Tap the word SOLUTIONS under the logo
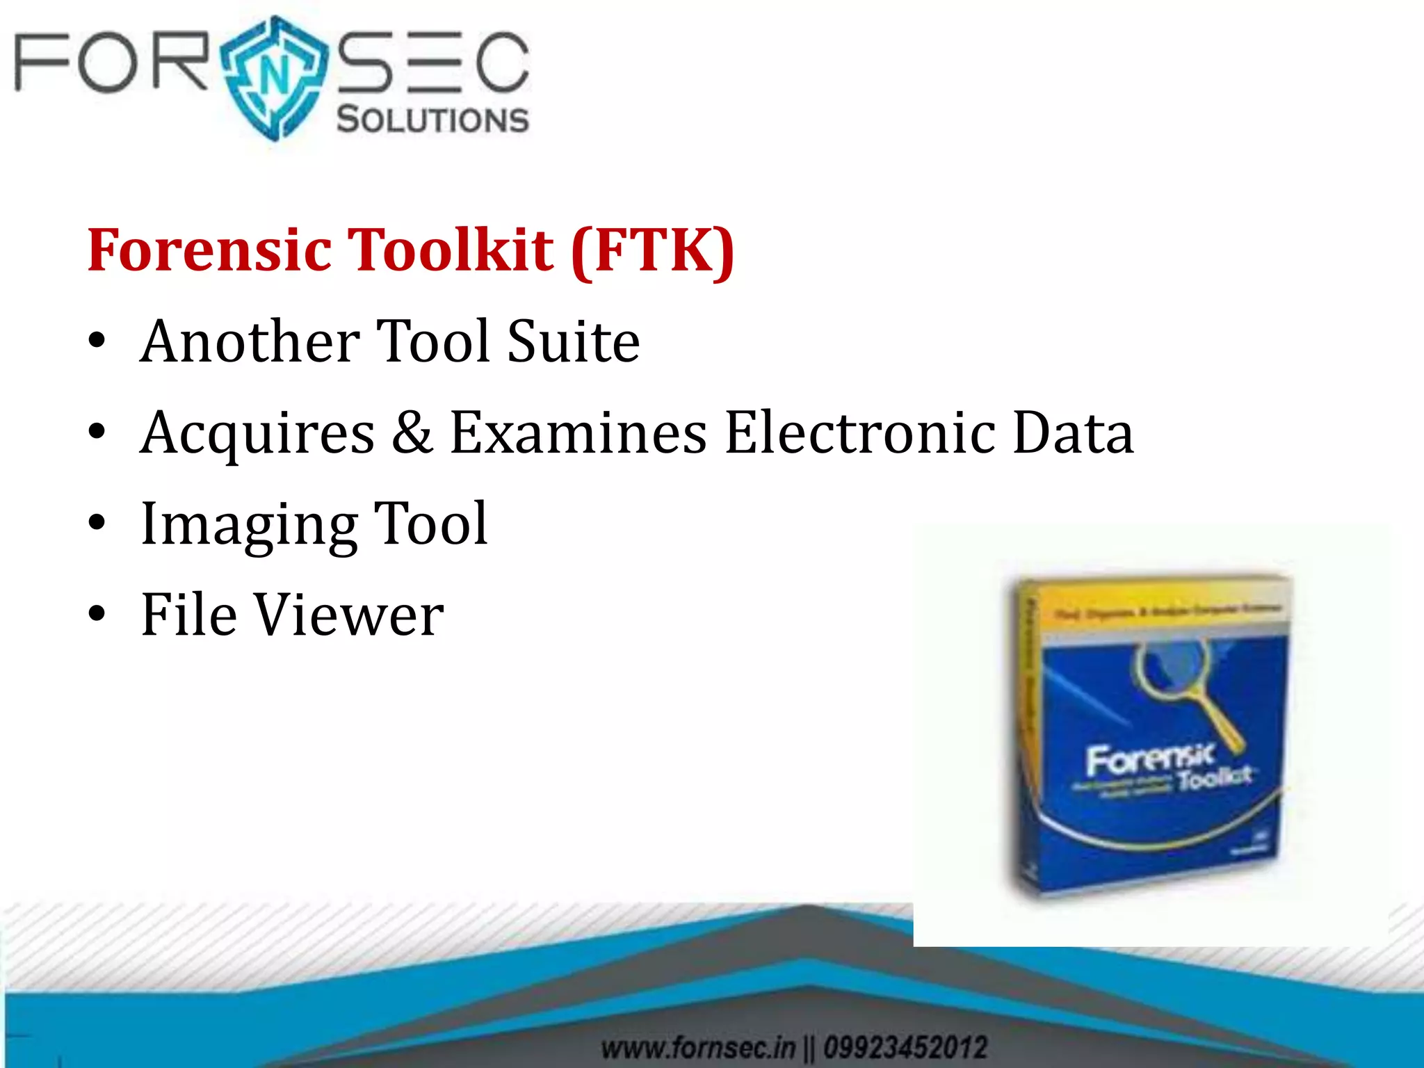tap(432, 120)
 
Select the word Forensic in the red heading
tap(209, 250)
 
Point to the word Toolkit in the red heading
tap(451, 250)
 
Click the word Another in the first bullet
tap(250, 341)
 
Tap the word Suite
tap(573, 341)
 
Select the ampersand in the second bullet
tap(412, 432)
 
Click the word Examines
tap(578, 432)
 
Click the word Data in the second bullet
tap(1073, 432)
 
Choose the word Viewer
tap(348, 615)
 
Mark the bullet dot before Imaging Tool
tap(97, 523)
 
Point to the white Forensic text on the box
tap(1151, 758)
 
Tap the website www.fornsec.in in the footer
tap(698, 1047)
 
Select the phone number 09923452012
tap(905, 1047)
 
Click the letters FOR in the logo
tap(111, 63)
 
